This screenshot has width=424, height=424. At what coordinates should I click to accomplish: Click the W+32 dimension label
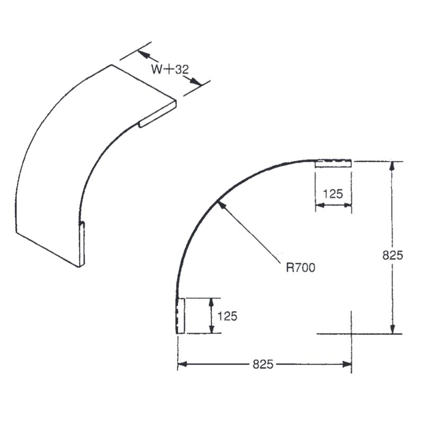[x=169, y=69]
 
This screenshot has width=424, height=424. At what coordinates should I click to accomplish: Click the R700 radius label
[x=301, y=268]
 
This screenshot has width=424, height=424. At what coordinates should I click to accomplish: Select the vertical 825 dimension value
[x=393, y=255]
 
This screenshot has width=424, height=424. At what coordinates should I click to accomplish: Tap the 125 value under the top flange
[x=333, y=194]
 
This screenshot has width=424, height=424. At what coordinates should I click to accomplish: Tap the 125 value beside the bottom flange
[x=227, y=316]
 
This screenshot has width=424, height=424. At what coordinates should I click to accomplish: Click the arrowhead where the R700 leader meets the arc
[x=220, y=203]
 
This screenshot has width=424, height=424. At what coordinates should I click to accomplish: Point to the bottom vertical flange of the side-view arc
[x=180, y=316]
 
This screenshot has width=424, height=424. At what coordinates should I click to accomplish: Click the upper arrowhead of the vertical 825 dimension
[x=392, y=166]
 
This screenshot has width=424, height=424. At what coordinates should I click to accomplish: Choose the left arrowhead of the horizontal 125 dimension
[x=320, y=206]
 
